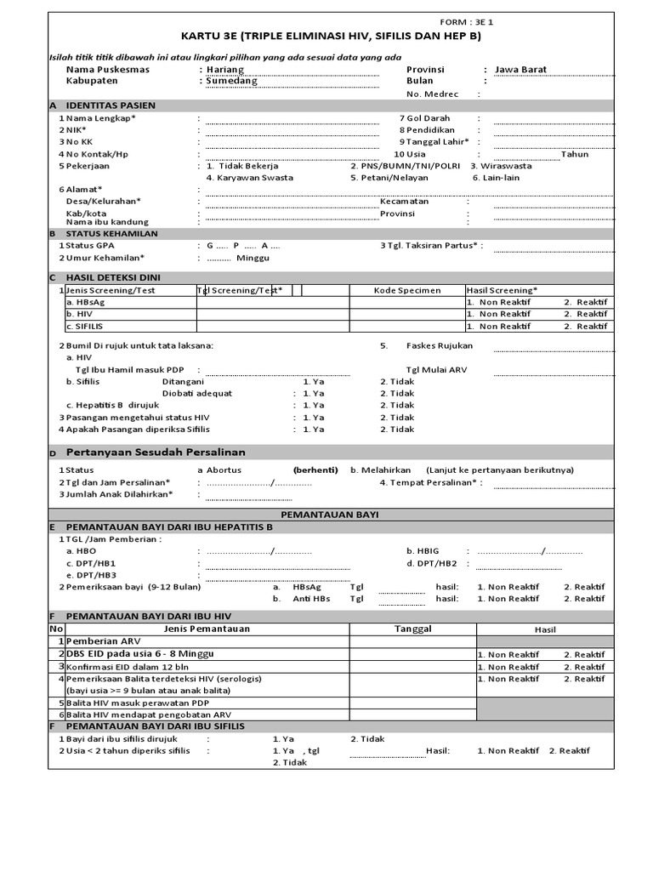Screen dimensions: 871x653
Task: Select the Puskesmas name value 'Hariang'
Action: click(224, 70)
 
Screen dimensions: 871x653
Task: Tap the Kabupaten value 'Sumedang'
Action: click(230, 82)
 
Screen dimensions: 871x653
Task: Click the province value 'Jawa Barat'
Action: click(521, 70)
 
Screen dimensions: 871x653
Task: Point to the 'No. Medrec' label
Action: click(433, 94)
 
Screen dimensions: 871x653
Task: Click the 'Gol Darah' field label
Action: click(429, 118)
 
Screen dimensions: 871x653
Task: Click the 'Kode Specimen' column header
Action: click(407, 290)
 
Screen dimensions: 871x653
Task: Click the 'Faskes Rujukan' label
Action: click(440, 346)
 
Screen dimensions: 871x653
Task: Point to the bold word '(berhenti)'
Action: click(315, 470)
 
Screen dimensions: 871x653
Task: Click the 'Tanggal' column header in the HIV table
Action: click(412, 629)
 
